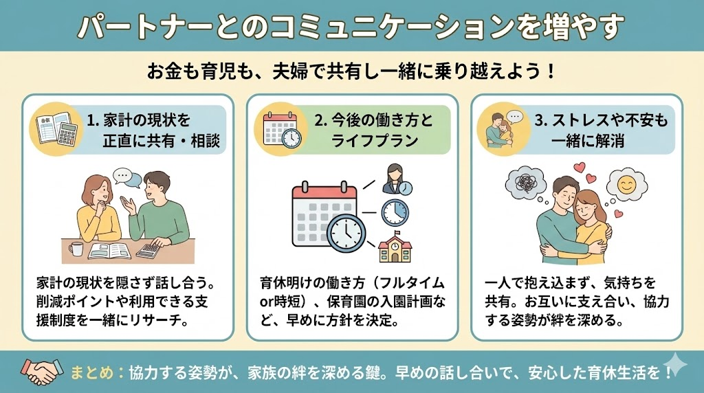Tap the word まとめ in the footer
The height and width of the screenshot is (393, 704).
coord(92,372)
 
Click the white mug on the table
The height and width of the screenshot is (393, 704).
coord(76,249)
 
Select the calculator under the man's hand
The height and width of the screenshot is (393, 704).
coord(148,250)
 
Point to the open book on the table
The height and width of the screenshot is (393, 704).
coord(110,251)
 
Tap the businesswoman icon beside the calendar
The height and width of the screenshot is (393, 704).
coord(397,179)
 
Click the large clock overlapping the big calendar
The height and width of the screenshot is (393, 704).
coord(346,234)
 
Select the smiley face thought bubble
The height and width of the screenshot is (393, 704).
coord(627,185)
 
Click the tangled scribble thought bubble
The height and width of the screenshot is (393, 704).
coord(526,183)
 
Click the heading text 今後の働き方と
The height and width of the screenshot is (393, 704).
coord(373,120)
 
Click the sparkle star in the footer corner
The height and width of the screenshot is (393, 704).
coord(674,364)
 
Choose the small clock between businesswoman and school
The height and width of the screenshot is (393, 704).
coord(395,212)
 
